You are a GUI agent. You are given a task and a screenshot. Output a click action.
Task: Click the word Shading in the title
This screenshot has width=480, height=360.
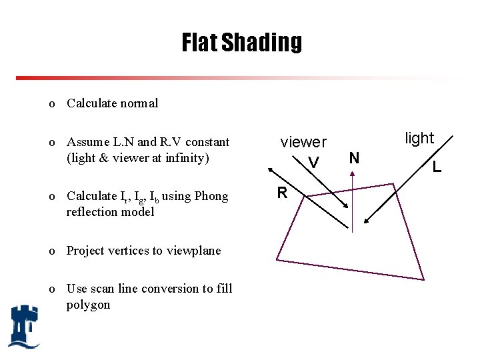(x=262, y=43)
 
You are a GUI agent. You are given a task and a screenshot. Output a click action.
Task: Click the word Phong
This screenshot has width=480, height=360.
(x=211, y=196)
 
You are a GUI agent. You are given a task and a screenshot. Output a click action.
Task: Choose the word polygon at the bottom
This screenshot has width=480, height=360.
(x=89, y=305)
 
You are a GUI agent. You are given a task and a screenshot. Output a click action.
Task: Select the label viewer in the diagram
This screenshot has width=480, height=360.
(x=303, y=142)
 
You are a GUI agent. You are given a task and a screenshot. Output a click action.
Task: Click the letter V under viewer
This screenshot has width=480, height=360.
(x=313, y=162)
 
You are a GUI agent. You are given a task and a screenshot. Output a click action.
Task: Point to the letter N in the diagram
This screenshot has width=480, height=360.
(x=354, y=158)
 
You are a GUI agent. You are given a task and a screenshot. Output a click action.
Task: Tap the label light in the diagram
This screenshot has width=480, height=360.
(x=419, y=139)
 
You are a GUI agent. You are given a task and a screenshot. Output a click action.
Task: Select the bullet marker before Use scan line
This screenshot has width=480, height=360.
(x=51, y=289)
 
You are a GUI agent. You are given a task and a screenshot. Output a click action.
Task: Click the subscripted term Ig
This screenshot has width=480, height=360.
(x=139, y=197)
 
